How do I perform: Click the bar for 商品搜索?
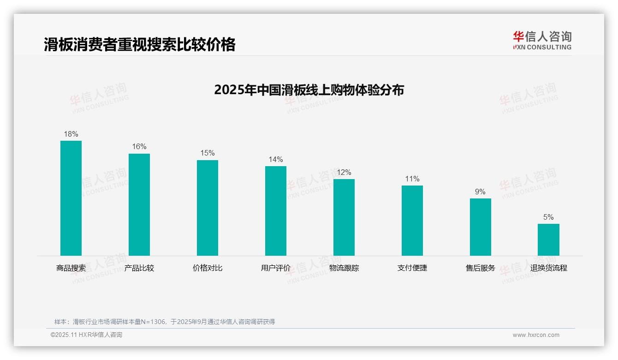71,198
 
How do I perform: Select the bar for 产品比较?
139,204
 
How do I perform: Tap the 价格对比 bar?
208,208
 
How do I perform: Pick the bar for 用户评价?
276,211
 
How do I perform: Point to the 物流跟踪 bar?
344,217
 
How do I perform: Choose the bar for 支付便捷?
412,221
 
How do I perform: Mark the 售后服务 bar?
481,227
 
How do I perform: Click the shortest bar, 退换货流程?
548,240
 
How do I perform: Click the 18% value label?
71,134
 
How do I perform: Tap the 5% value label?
548,217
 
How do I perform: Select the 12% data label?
344,173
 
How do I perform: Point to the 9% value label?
481,192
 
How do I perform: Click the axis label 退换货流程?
548,268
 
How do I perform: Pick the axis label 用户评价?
276,268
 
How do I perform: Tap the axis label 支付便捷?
412,268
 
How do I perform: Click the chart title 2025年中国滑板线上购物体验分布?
309,90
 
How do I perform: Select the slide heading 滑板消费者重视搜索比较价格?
140,44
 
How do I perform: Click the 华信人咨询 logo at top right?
542,41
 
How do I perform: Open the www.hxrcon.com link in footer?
536,335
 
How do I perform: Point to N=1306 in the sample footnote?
151,322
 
